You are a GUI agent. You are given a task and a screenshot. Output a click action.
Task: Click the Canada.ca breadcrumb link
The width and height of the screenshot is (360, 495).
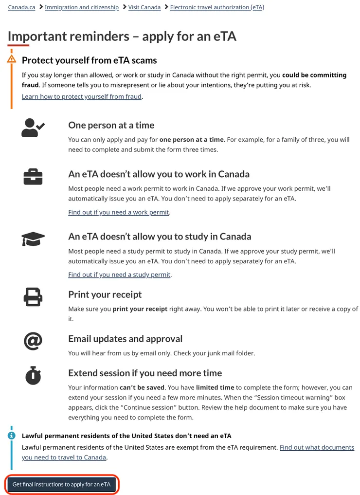[x=21, y=7]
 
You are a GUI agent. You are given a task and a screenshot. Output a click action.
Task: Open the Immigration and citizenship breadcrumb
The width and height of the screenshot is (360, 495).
[x=81, y=7]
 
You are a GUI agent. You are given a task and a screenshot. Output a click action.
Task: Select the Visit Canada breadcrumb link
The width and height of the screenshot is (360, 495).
[x=144, y=7]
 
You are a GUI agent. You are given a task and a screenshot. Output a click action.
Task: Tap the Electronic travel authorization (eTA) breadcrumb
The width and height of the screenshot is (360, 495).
[x=217, y=7]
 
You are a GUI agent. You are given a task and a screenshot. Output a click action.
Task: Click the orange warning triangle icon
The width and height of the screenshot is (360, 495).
[x=12, y=59]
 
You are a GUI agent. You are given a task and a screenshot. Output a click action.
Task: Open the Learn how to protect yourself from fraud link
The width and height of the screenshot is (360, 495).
[x=82, y=96]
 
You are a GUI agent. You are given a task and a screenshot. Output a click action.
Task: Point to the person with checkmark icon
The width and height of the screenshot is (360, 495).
[x=33, y=127]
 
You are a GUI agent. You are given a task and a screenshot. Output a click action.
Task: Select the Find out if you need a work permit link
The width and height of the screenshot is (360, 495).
[x=119, y=212]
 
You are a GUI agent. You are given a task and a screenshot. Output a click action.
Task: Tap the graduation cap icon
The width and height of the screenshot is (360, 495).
[x=33, y=238]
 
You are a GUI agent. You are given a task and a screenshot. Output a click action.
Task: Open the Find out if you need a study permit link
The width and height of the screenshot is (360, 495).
[x=119, y=275]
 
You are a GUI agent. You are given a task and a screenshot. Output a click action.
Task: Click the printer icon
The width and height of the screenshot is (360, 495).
[x=33, y=296]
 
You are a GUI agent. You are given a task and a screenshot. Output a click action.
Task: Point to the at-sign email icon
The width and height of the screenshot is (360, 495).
[x=33, y=341]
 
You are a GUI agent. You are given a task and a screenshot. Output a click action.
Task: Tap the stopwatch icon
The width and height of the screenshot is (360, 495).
[x=33, y=375]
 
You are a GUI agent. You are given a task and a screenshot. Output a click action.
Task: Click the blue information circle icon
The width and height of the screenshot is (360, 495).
[x=12, y=435]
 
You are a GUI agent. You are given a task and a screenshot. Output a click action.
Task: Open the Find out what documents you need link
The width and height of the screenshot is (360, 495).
[x=317, y=447]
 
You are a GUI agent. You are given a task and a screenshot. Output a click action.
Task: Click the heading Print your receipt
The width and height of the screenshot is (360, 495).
[x=105, y=294]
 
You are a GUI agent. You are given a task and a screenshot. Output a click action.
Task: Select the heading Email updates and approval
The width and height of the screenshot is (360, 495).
[x=126, y=339]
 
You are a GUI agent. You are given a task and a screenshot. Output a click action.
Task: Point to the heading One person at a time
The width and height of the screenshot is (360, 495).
[x=111, y=125]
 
